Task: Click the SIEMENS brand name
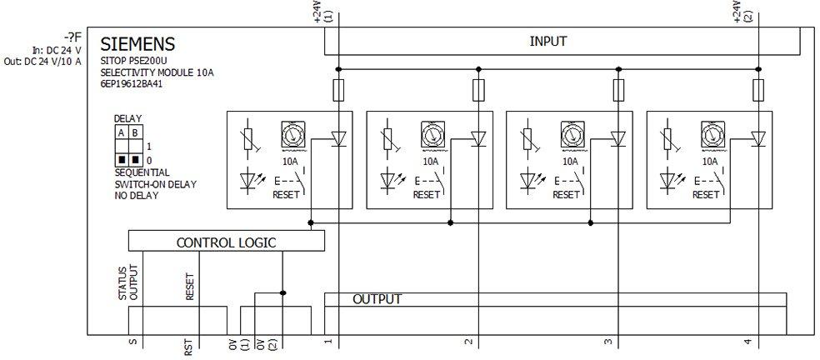point(137,44)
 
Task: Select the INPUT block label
point(548,41)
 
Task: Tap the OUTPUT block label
point(377,299)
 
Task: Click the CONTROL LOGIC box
point(226,242)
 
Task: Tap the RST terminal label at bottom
point(187,346)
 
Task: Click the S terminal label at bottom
point(132,342)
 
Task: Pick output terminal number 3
point(607,342)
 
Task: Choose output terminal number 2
point(468,342)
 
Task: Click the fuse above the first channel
point(337,89)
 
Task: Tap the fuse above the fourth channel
point(757,89)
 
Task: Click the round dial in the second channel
point(431,133)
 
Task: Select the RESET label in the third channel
point(566,194)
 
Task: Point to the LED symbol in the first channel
point(247,178)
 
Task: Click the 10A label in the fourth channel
point(710,161)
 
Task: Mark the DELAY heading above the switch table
point(127,119)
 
